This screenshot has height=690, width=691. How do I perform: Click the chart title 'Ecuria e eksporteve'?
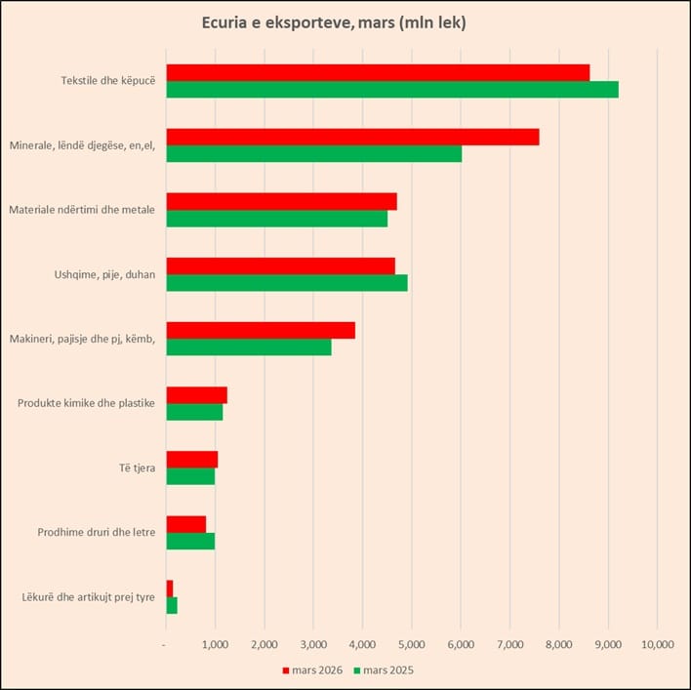point(333,22)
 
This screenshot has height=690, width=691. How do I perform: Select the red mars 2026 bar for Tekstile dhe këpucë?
point(378,72)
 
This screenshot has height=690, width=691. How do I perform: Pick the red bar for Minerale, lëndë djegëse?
point(352,137)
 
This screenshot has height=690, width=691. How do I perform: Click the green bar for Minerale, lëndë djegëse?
point(313,154)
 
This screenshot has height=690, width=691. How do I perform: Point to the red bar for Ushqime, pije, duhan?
point(280,265)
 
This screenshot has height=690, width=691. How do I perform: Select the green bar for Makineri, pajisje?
point(249,346)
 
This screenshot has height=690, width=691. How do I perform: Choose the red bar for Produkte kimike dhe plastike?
point(196,394)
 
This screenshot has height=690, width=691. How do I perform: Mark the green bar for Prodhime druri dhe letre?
point(190,540)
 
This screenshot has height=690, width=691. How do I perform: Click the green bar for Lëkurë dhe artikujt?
point(172,605)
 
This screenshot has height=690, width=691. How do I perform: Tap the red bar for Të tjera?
point(191,459)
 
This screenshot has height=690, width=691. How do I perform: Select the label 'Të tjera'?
point(137,468)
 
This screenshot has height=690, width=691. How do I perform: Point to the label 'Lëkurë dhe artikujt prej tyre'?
point(88,596)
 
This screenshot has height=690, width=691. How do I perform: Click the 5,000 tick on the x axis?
point(411,644)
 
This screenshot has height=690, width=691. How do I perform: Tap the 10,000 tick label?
point(656,644)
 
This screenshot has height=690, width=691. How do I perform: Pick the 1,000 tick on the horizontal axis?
point(215,644)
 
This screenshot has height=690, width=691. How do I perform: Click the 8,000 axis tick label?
point(558,644)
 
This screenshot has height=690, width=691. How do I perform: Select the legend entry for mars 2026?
point(312,670)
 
